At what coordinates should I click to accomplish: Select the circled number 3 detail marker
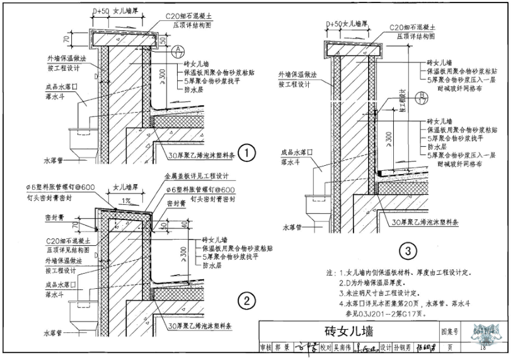(408, 252)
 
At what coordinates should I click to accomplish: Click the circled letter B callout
(422, 96)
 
